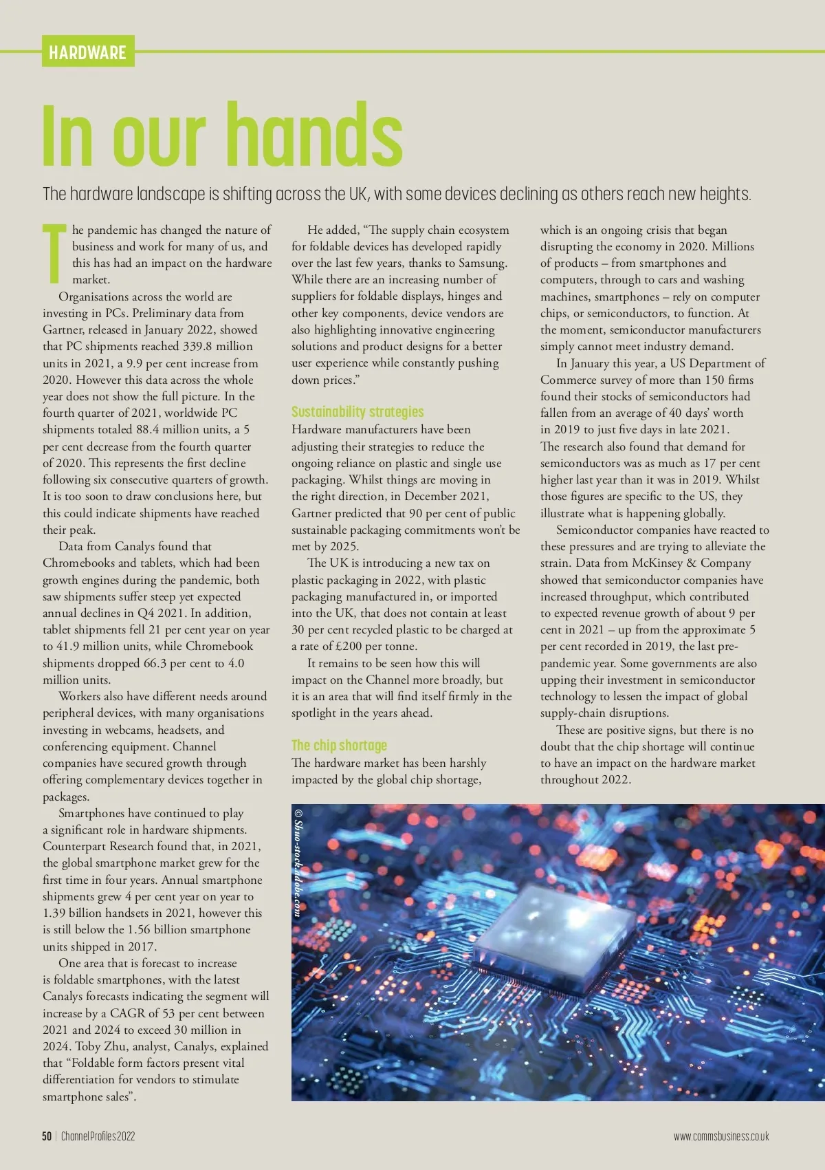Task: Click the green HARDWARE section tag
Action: [87, 52]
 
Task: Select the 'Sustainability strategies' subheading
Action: [357, 412]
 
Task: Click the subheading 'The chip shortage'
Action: [339, 746]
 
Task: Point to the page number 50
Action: [47, 1136]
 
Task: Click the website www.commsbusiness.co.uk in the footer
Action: [721, 1136]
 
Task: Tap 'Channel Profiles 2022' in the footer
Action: [98, 1136]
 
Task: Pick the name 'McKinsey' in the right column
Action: [658, 563]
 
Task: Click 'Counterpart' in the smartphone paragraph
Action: [74, 847]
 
